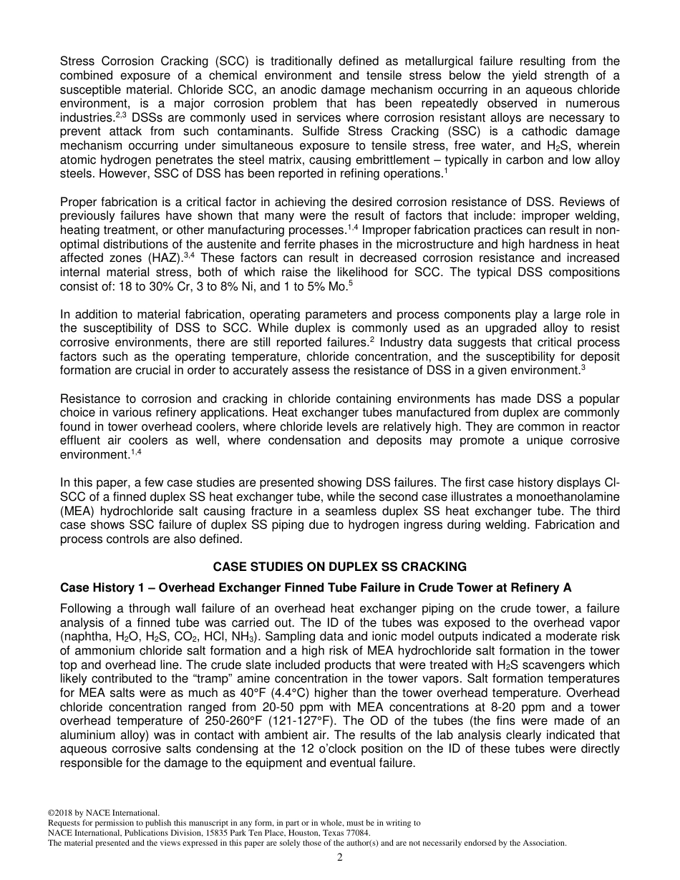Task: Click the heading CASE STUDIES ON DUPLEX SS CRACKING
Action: click(340, 567)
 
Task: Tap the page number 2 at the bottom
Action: click(340, 857)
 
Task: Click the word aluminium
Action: click(92, 735)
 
